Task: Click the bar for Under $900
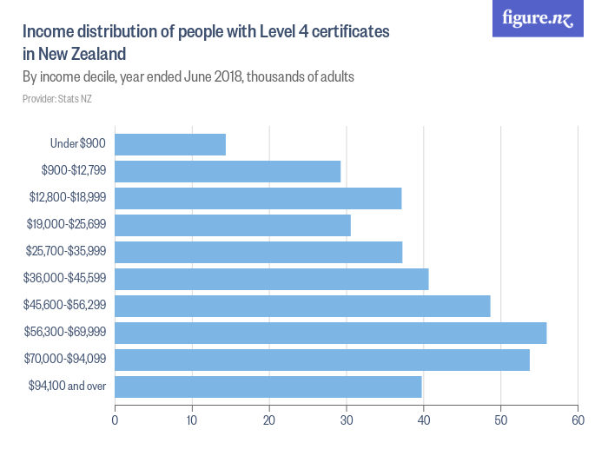(170, 144)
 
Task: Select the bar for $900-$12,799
(228, 171)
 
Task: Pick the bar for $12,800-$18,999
(258, 198)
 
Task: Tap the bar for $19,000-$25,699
(233, 225)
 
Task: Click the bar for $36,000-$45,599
(272, 279)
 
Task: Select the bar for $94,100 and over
(268, 387)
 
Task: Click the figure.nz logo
(539, 18)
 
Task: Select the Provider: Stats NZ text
(57, 99)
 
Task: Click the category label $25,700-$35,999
(68, 252)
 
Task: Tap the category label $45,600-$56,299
(68, 306)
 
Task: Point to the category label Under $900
(79, 144)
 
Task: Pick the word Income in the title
(48, 31)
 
